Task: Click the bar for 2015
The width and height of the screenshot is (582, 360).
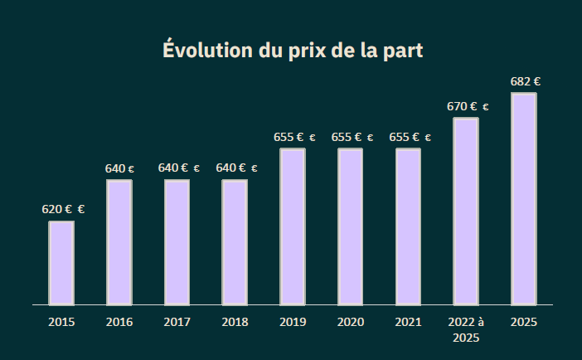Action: [61, 263]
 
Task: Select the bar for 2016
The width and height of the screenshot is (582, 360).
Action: [119, 242]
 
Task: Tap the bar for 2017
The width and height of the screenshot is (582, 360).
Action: [177, 242]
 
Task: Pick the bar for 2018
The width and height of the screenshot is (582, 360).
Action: [235, 242]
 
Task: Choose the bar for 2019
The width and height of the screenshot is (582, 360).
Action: [293, 226]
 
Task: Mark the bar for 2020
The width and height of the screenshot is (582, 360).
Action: [350, 226]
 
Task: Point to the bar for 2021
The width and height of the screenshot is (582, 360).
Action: [408, 226]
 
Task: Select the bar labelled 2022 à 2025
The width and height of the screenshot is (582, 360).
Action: [466, 212]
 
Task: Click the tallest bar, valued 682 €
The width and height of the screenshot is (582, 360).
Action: [524, 199]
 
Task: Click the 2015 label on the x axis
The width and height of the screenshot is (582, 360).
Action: [61, 322]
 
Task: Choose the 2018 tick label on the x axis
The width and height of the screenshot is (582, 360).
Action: [235, 322]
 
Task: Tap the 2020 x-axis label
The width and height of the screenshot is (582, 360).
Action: [350, 322]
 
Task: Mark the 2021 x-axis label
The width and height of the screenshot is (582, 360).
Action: [408, 322]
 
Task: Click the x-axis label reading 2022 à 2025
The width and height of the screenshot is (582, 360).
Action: [466, 329]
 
